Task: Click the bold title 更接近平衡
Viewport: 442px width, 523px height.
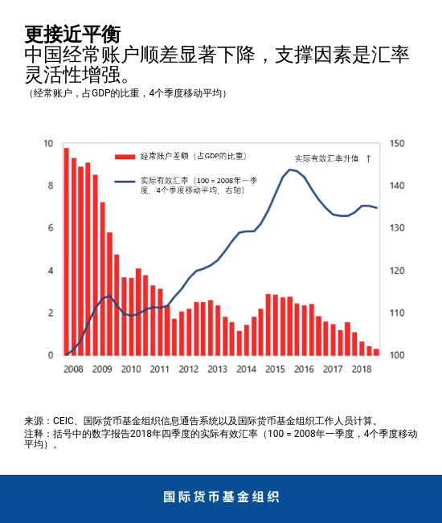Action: [72, 34]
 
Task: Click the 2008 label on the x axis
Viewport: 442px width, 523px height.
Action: [73, 369]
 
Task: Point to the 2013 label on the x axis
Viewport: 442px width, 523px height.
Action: [217, 369]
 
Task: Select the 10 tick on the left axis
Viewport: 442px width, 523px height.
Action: [48, 144]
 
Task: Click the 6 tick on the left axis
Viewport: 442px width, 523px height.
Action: [51, 228]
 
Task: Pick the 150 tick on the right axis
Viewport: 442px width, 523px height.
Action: [396, 144]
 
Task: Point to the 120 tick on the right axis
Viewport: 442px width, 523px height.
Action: [396, 271]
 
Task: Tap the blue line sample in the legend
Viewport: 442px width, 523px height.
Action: [125, 182]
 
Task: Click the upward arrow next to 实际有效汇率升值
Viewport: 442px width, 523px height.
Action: [368, 159]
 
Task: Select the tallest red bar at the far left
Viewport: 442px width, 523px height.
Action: [67, 251]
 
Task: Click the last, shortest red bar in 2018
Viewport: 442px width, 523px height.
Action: [376, 352]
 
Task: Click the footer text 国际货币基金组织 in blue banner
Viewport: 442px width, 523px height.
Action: [221, 496]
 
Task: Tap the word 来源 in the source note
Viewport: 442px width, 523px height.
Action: [35, 420]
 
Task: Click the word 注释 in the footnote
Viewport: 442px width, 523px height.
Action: [35, 434]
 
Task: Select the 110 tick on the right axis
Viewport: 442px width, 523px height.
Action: [396, 313]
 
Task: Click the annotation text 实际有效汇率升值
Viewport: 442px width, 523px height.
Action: [326, 159]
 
